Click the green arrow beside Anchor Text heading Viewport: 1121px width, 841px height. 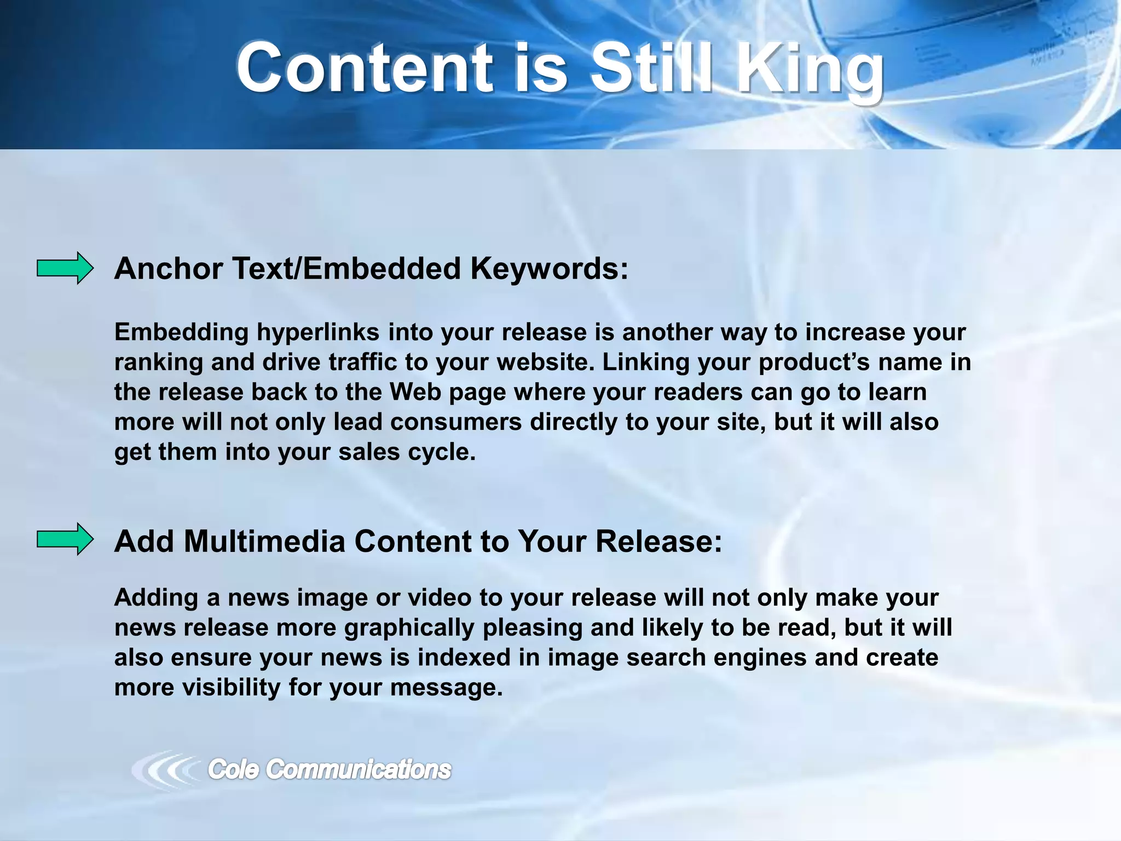pyautogui.click(x=65, y=268)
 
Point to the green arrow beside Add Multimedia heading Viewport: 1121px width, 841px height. pyautogui.click(x=65, y=539)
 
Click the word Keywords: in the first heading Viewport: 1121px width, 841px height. pyautogui.click(x=549, y=269)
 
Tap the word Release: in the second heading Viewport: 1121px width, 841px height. pyautogui.click(x=658, y=542)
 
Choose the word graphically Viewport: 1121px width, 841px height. pyautogui.click(x=409, y=627)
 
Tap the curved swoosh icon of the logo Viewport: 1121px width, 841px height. pyautogui.click(x=164, y=770)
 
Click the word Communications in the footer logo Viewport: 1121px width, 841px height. pyautogui.click(x=358, y=770)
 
